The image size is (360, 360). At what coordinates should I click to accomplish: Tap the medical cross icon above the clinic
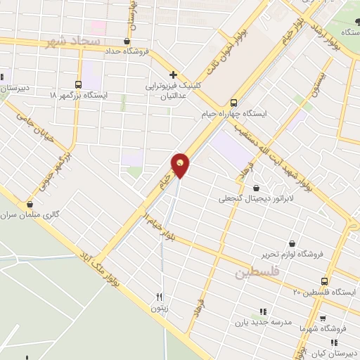pos(172,74)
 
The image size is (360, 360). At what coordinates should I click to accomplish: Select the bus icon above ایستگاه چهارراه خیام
pos(235,101)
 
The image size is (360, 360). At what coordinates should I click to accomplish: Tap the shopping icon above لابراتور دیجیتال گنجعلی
pos(255,188)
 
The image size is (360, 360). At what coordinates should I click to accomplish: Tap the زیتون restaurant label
pos(159,308)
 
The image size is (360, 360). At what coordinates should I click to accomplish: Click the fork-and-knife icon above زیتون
pos(160,297)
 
